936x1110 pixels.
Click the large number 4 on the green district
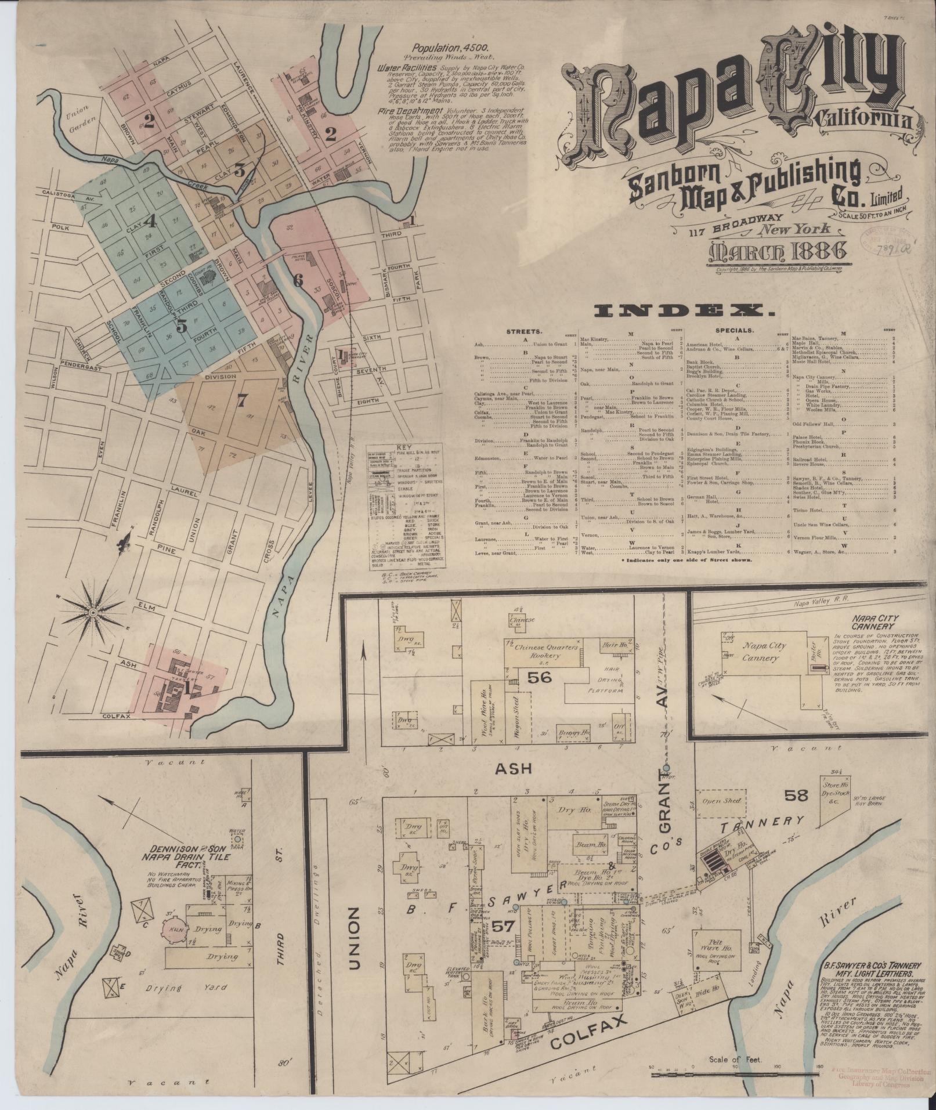coord(151,221)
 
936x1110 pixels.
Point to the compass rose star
coord(93,613)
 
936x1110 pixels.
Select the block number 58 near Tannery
coord(796,795)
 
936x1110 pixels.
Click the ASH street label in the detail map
coord(513,768)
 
